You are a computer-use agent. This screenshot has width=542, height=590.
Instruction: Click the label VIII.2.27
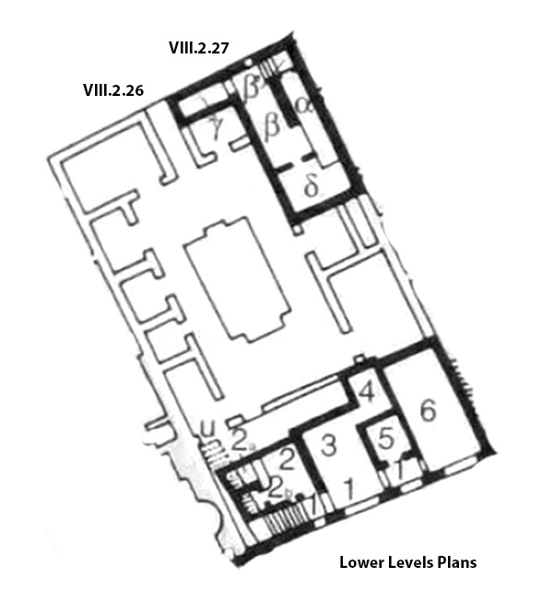pyautogui.click(x=198, y=47)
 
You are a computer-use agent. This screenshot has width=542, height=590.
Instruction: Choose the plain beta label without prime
pyautogui.click(x=272, y=124)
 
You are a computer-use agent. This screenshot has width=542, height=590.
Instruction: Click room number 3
pyautogui.click(x=328, y=444)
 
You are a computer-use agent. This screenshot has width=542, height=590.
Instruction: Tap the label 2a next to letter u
pyautogui.click(x=241, y=440)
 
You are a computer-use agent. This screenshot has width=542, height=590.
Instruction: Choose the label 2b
pyautogui.click(x=277, y=488)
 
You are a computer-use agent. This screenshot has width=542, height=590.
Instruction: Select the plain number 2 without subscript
pyautogui.click(x=287, y=454)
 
